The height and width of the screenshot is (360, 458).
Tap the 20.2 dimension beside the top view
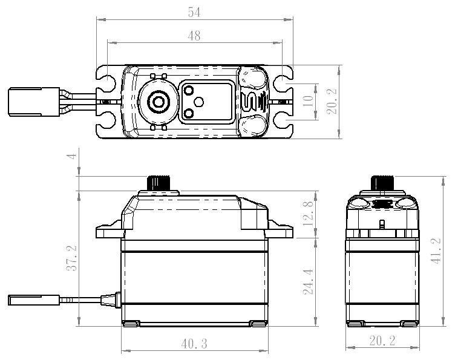[330, 101]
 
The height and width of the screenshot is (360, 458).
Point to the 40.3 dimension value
[194, 344]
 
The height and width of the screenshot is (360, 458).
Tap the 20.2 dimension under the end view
[382, 341]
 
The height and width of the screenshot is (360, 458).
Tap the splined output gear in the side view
[159, 182]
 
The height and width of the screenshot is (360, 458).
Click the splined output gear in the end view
[382, 182]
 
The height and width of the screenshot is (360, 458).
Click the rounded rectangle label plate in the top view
[206, 101]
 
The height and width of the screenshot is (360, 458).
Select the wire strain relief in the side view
[109, 298]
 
